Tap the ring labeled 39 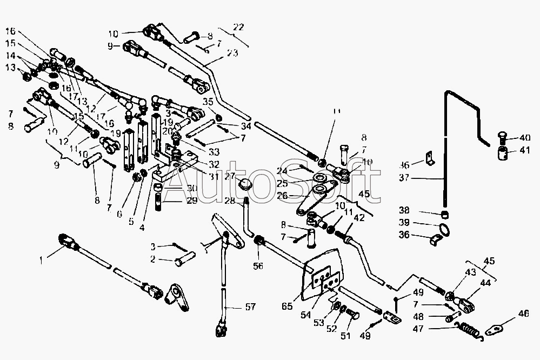(x=445, y=230)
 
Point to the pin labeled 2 (x=179, y=263)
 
